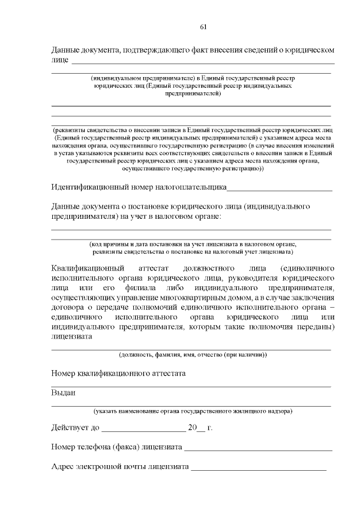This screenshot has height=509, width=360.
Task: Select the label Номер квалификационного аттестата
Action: (x=118, y=373)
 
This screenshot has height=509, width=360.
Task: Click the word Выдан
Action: (x=63, y=393)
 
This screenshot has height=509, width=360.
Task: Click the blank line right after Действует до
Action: (x=143, y=430)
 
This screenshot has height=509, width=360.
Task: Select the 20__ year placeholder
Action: (x=196, y=428)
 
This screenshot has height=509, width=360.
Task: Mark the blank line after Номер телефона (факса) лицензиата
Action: (x=258, y=449)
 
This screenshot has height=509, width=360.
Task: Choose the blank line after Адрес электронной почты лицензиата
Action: (x=258, y=469)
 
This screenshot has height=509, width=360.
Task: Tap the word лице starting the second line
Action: (x=59, y=59)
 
